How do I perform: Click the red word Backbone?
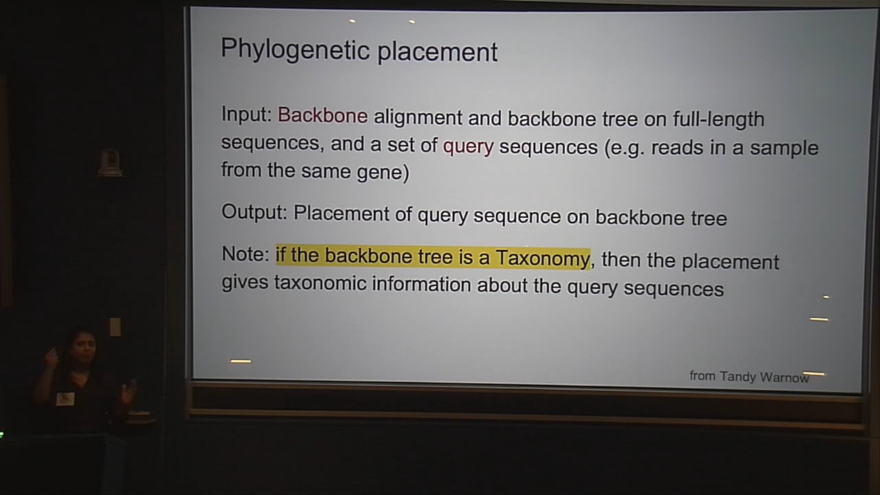[x=322, y=115]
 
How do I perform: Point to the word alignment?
[x=418, y=118]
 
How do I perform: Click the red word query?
[x=468, y=146]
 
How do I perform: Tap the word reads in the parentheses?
[x=674, y=148]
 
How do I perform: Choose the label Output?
[x=254, y=212]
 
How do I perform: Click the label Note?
[x=245, y=254]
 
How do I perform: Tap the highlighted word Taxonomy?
[x=542, y=258]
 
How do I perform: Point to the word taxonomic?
[x=320, y=283]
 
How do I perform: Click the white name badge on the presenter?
[x=65, y=398]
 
